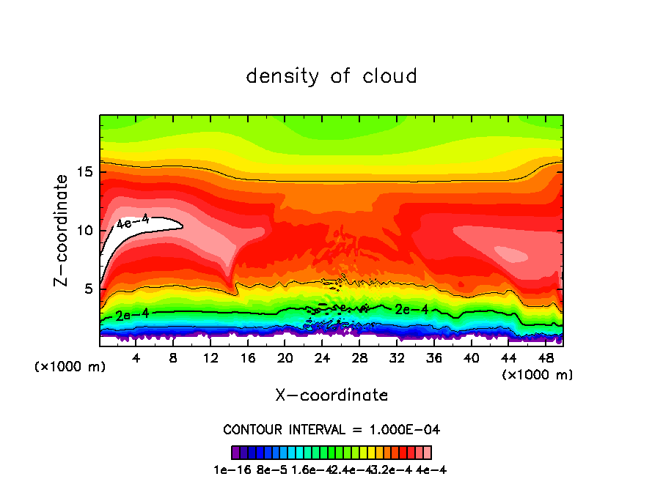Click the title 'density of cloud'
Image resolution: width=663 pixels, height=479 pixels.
click(x=331, y=76)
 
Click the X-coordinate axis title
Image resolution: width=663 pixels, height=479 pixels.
click(x=331, y=396)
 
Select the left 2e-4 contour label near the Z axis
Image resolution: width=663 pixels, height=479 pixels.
click(x=132, y=315)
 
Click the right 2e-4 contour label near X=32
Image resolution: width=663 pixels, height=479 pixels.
click(x=411, y=309)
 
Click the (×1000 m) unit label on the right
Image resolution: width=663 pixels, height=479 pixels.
click(x=537, y=375)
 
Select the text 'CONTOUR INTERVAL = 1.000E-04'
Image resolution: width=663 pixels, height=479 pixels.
click(x=331, y=429)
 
